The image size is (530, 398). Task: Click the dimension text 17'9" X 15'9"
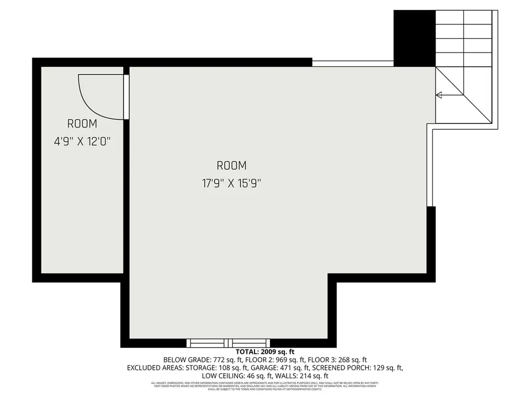click(231, 183)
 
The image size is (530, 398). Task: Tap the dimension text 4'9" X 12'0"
click(82, 142)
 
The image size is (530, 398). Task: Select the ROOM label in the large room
click(231, 165)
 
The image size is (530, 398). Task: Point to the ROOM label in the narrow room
click(82, 124)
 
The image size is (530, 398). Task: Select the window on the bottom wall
click(229, 343)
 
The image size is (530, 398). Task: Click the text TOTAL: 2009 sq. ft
click(265, 352)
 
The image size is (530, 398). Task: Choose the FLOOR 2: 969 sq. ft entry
click(273, 360)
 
